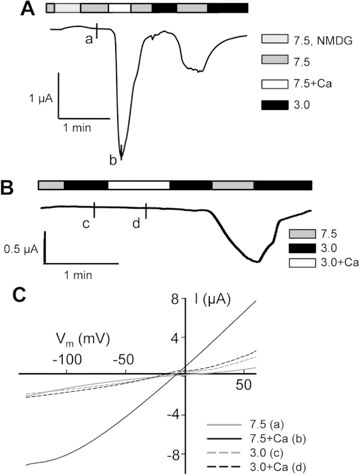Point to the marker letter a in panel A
click(x=88, y=39)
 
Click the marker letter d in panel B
click(x=136, y=224)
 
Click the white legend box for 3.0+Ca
click(x=305, y=263)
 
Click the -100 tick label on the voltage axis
click(x=67, y=358)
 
